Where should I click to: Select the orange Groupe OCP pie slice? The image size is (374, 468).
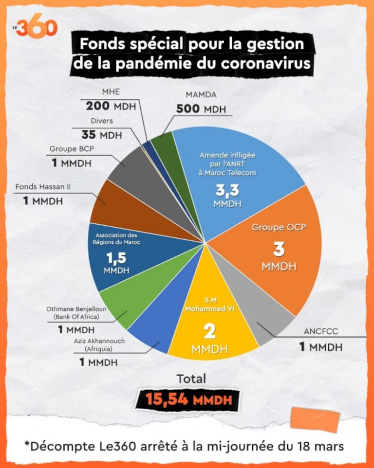pyautogui.click(x=282, y=243)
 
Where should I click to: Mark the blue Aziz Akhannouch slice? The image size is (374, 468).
pyautogui.click(x=156, y=336)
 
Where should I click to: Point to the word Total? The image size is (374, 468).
pyautogui.click(x=191, y=378)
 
